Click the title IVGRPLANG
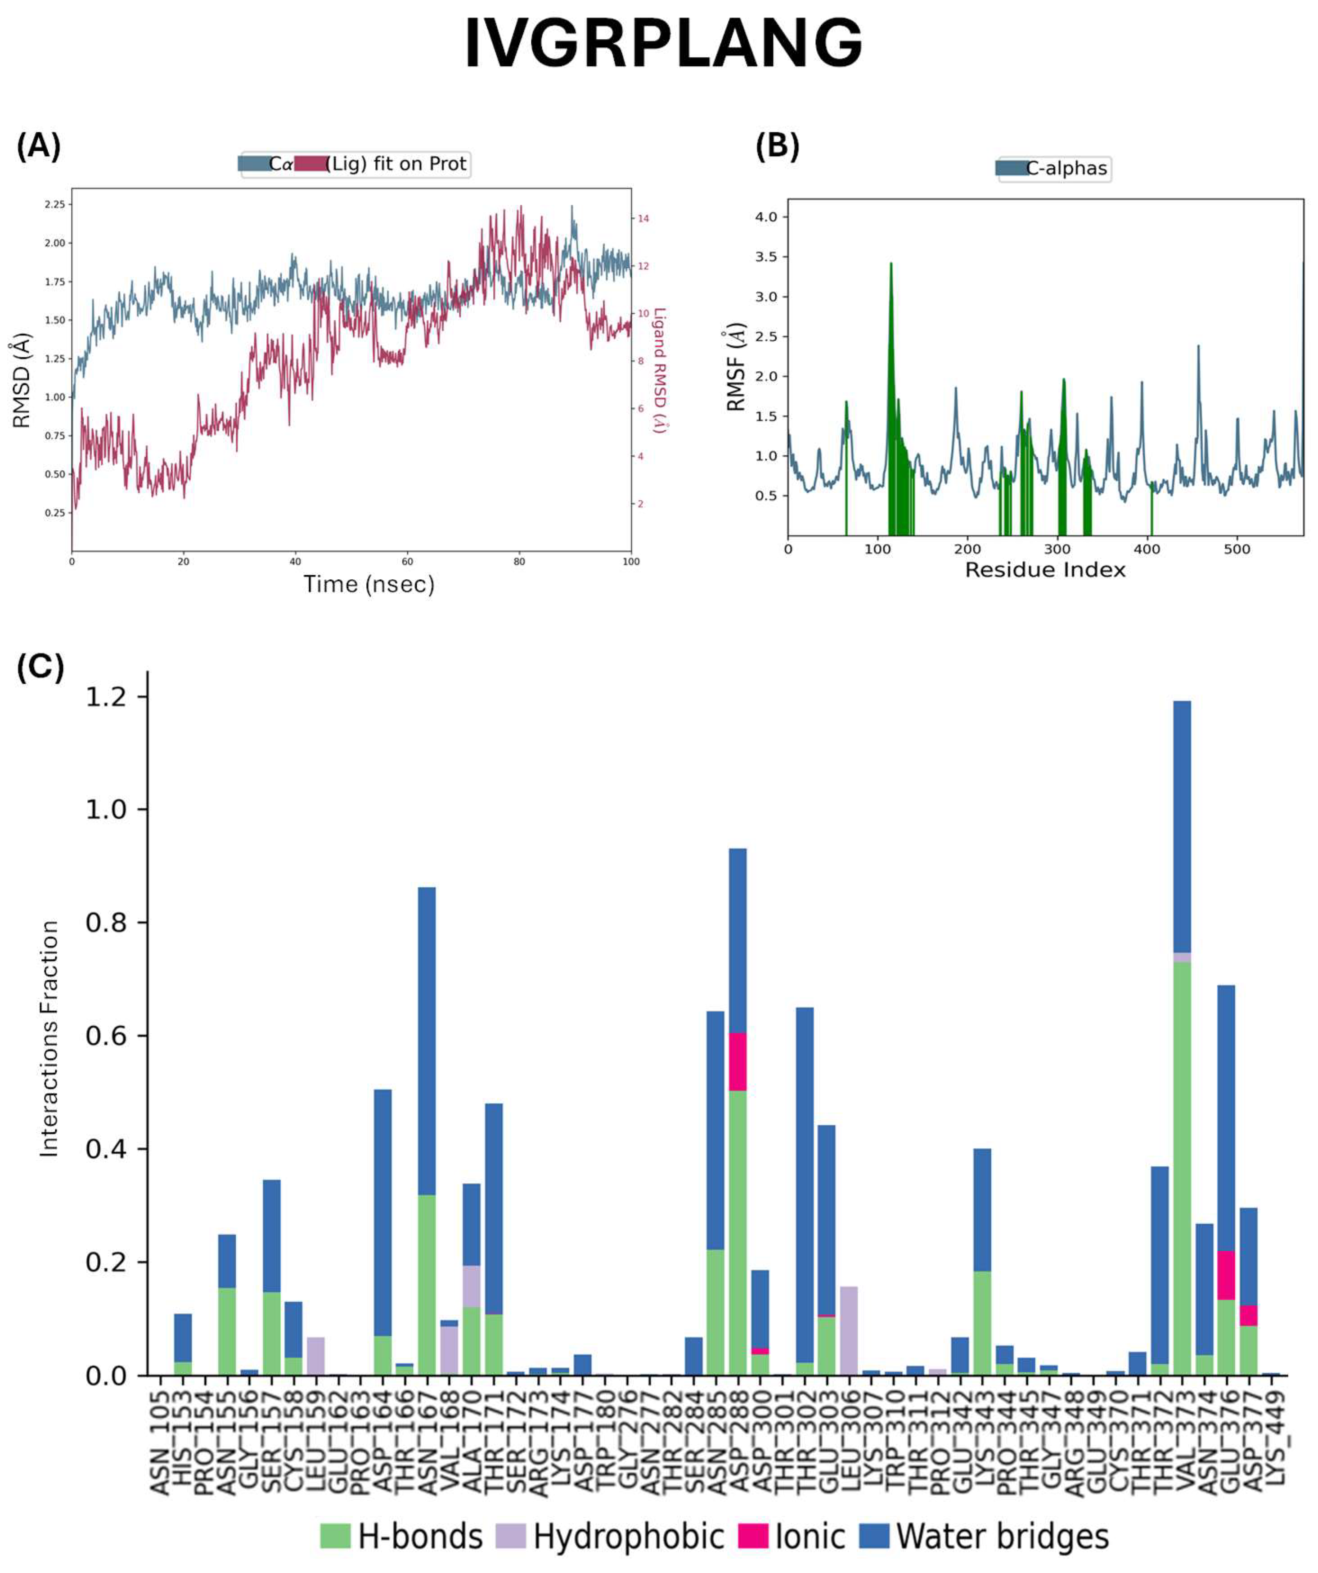click(x=663, y=44)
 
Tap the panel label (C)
click(x=40, y=665)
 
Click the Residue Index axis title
click(x=1045, y=570)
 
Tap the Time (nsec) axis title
click(x=369, y=584)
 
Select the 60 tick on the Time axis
click(x=407, y=561)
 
